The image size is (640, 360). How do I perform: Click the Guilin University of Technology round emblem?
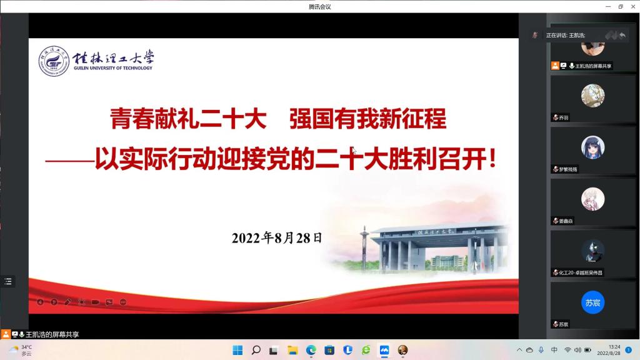[54, 61]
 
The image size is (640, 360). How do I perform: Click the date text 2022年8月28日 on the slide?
[277, 237]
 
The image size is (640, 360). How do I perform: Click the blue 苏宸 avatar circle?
[592, 302]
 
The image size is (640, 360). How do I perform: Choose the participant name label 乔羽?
[564, 117]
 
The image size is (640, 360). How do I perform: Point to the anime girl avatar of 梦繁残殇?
[592, 147]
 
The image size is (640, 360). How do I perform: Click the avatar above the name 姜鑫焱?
[592, 199]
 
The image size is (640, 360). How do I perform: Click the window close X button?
[632, 6]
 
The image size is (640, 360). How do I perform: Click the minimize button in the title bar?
[606, 6]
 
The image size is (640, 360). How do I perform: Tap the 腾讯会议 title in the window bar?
[319, 6]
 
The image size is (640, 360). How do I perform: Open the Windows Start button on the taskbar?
[237, 350]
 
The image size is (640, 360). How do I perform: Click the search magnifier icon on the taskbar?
[256, 350]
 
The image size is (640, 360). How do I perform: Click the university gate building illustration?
[437, 247]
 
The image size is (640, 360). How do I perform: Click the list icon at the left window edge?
[8, 281]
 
